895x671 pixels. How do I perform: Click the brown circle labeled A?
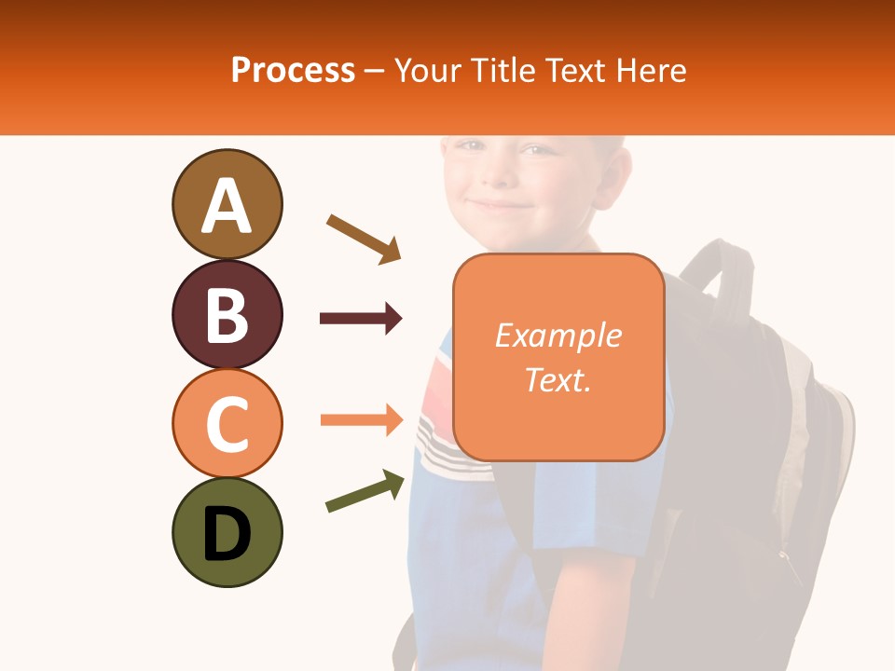227,204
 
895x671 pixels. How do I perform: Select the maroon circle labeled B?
227,314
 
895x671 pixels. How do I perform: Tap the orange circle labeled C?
227,423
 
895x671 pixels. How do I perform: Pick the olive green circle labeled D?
227,532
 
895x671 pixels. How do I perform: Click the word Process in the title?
293,70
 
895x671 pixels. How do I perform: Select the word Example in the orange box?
558,335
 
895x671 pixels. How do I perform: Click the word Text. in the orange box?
558,379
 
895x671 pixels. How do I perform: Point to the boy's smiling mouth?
499,205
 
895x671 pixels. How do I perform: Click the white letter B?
227,315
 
